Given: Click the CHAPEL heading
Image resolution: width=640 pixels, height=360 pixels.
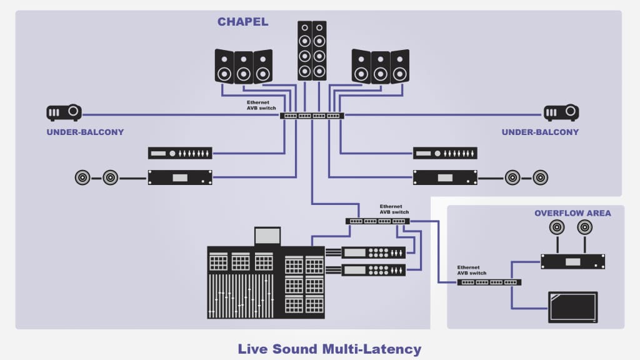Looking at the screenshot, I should pyautogui.click(x=242, y=22).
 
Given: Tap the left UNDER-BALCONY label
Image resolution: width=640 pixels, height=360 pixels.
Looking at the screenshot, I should pyautogui.click(x=85, y=132).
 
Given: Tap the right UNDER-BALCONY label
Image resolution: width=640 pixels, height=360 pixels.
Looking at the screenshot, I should pyautogui.click(x=540, y=132).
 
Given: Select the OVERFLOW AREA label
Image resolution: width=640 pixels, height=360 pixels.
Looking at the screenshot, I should pyautogui.click(x=572, y=213).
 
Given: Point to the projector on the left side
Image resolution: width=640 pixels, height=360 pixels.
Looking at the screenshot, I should pyautogui.click(x=64, y=112).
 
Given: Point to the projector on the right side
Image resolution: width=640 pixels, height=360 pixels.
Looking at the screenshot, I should pyautogui.click(x=561, y=112).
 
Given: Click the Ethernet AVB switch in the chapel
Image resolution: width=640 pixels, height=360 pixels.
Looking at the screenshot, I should pyautogui.click(x=312, y=116).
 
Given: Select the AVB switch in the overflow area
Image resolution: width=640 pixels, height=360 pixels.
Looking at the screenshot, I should pyautogui.click(x=489, y=282).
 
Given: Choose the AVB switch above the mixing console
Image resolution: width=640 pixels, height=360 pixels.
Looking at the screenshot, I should pyautogui.click(x=377, y=221).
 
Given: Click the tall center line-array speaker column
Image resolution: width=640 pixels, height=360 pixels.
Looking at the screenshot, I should pyautogui.click(x=312, y=50).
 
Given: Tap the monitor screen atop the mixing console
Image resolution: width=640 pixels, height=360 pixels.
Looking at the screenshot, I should pyautogui.click(x=267, y=236).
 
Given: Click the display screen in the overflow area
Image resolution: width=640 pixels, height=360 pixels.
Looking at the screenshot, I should pyautogui.click(x=572, y=307).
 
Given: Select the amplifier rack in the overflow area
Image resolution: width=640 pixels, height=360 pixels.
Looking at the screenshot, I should pyautogui.click(x=572, y=261).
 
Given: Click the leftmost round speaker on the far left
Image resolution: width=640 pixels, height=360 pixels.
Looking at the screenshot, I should pyautogui.click(x=82, y=178).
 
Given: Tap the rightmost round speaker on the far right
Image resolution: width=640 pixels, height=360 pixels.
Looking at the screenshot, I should pyautogui.click(x=541, y=177).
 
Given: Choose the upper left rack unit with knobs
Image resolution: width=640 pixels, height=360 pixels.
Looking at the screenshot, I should pyautogui.click(x=180, y=153).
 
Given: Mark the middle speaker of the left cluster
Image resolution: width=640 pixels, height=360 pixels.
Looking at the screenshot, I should pyautogui.click(x=244, y=67).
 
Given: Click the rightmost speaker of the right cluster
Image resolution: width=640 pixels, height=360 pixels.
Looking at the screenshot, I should pyautogui.click(x=399, y=66).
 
